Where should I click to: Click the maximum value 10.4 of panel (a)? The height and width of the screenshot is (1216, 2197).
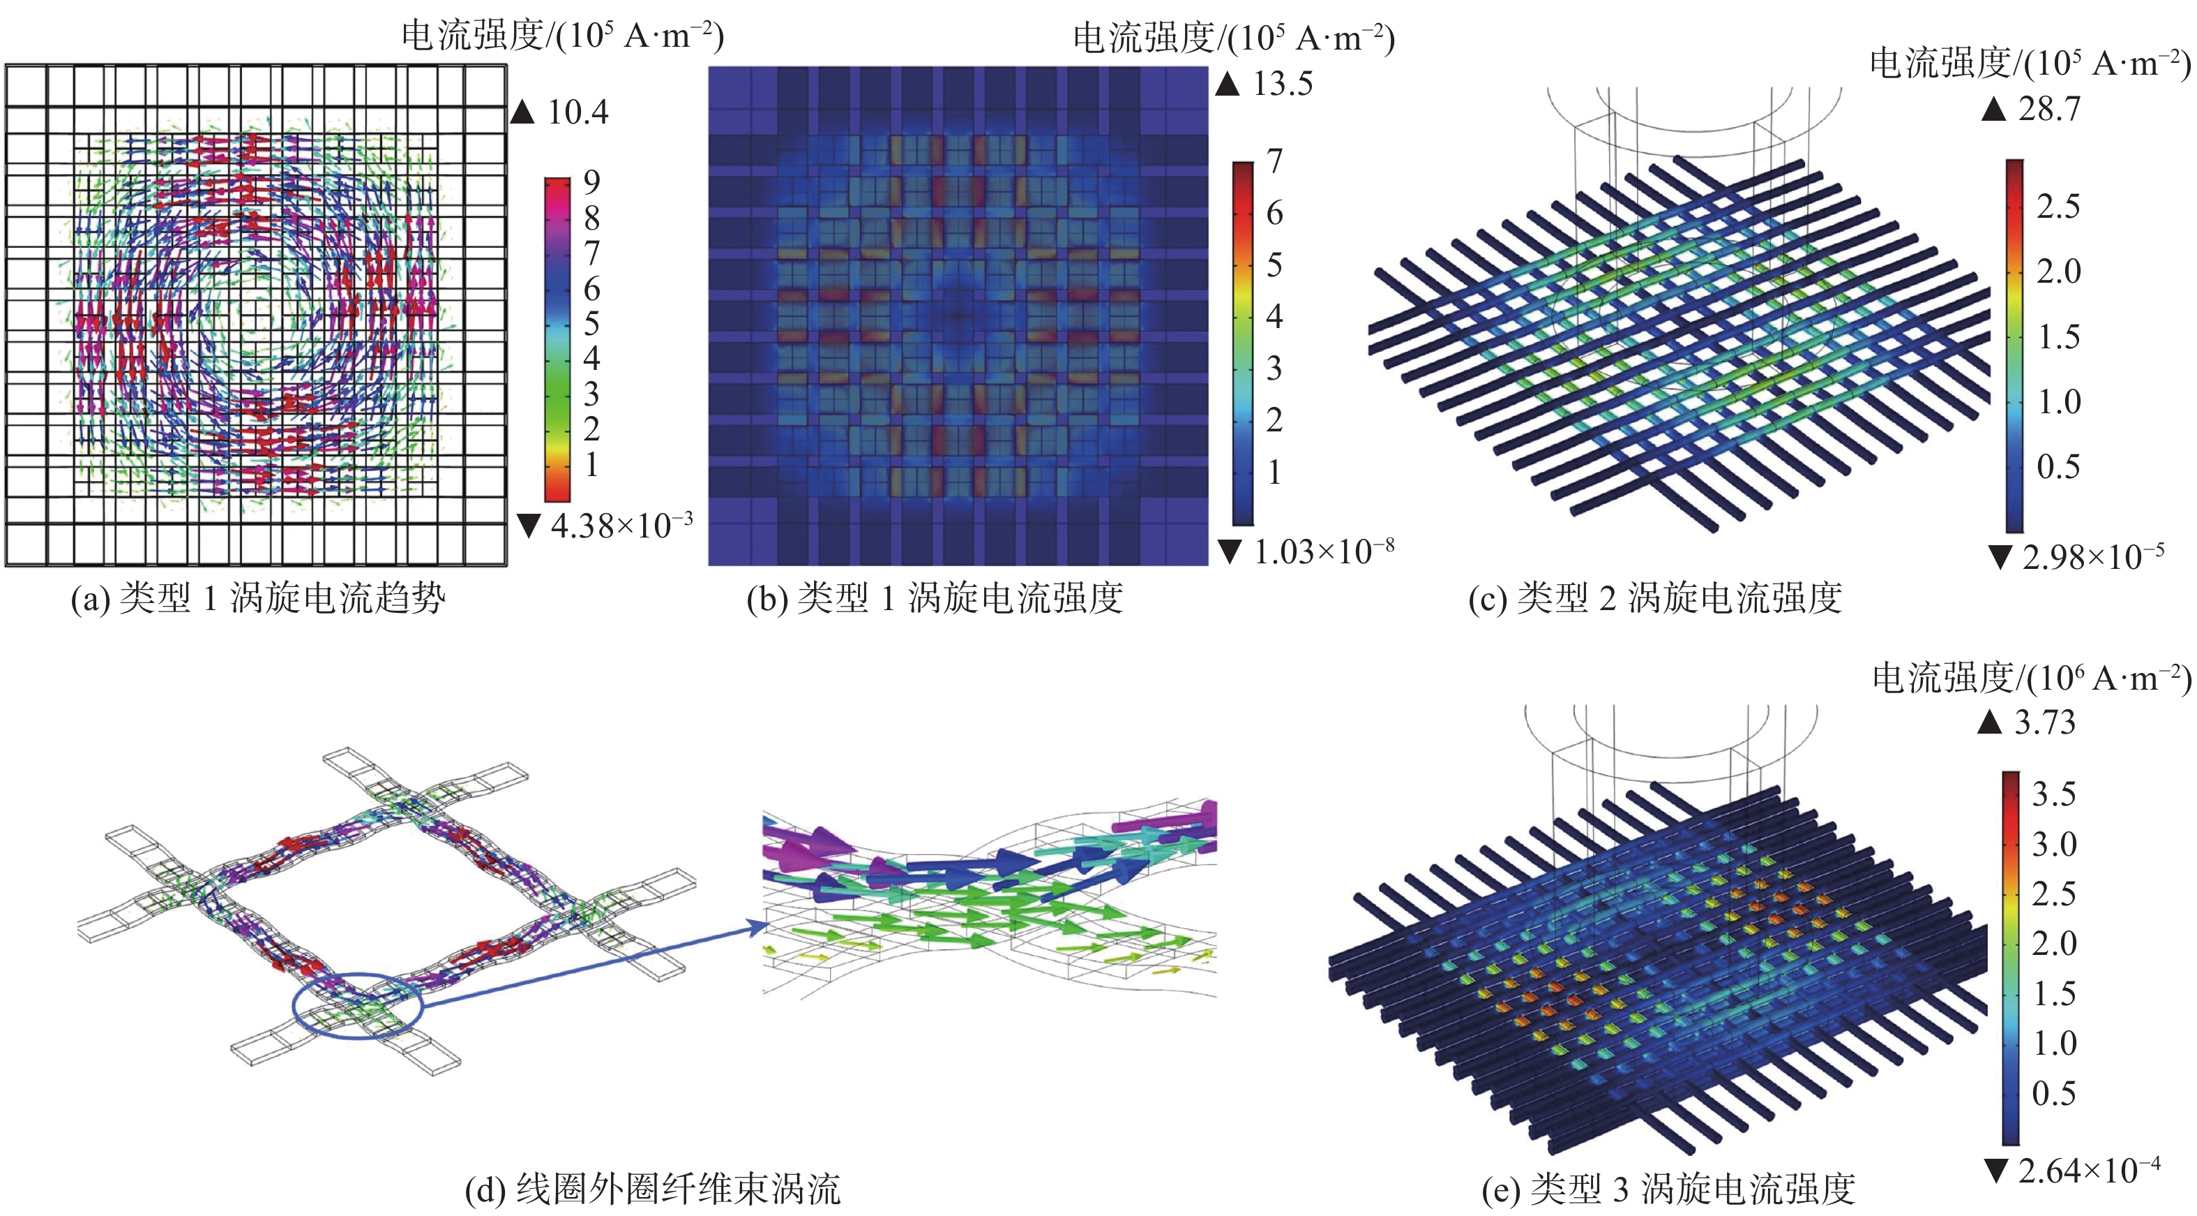(x=577, y=112)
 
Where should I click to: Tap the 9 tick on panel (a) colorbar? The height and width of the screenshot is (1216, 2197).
(x=591, y=181)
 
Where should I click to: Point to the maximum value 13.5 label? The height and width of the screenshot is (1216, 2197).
(x=1282, y=84)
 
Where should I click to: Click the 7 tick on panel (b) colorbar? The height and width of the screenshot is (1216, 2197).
(x=1274, y=161)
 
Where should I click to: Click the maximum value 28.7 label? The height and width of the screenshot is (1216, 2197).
(x=2048, y=108)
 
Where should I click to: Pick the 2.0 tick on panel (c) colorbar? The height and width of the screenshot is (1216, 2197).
(x=2058, y=272)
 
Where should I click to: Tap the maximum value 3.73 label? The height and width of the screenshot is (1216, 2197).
(x=2044, y=722)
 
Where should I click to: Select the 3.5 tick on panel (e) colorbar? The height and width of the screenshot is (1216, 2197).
(x=2053, y=794)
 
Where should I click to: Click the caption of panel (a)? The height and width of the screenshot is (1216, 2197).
(x=257, y=598)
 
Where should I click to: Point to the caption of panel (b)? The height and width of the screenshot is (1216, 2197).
(x=935, y=598)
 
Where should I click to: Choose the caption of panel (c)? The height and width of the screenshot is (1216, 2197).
(x=1654, y=598)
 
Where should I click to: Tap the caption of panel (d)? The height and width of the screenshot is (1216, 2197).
(x=652, y=1189)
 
